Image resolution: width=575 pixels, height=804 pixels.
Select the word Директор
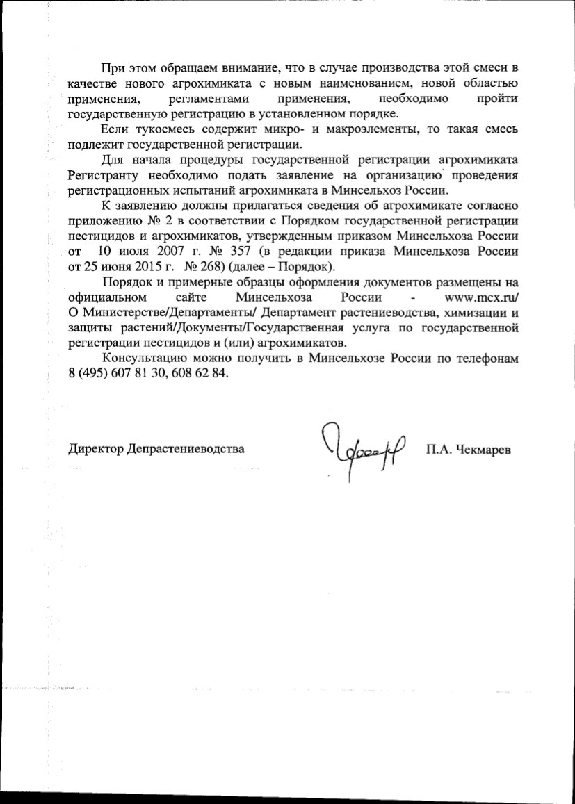tap(95, 449)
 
